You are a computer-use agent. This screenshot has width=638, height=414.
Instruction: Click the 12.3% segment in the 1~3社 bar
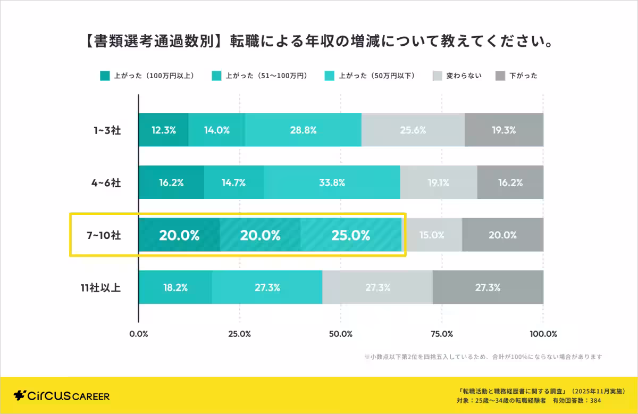pyautogui.click(x=163, y=130)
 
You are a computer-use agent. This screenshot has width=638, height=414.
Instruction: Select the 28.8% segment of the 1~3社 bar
pyautogui.click(x=303, y=130)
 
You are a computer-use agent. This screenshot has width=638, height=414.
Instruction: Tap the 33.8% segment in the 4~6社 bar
pyautogui.click(x=332, y=183)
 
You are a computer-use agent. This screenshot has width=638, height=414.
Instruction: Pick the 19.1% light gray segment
pyautogui.click(x=438, y=183)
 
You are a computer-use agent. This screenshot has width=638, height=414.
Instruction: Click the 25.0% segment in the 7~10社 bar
pyautogui.click(x=350, y=235)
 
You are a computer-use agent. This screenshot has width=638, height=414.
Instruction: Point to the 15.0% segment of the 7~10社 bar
pyautogui.click(x=431, y=235)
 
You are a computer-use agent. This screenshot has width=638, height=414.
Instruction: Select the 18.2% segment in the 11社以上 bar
pyautogui.click(x=175, y=287)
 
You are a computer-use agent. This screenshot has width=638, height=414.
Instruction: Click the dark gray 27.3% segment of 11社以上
pyautogui.click(x=488, y=287)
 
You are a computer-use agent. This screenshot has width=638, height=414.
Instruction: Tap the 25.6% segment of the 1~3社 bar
pyautogui.click(x=413, y=130)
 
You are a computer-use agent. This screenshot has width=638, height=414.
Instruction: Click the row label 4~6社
pyautogui.click(x=105, y=183)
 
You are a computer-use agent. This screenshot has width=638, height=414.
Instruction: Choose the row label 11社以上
pyautogui.click(x=101, y=288)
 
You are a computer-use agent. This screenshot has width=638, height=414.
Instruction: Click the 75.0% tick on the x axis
pyautogui.click(x=441, y=334)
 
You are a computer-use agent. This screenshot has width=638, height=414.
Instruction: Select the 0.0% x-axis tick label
pyautogui.click(x=139, y=334)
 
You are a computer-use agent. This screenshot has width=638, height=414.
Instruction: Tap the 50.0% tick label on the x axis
pyautogui.click(x=341, y=334)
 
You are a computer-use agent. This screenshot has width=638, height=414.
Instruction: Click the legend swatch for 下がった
pyautogui.click(x=500, y=76)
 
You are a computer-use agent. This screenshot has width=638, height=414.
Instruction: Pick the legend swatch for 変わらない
pyautogui.click(x=438, y=76)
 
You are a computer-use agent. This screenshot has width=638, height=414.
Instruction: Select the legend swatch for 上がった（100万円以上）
pyautogui.click(x=105, y=76)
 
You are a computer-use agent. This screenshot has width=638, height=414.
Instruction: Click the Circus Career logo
pyautogui.click(x=62, y=396)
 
